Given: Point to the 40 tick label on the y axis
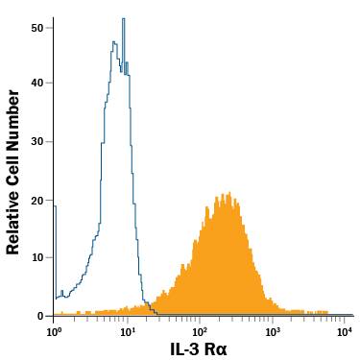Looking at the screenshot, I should (x=37, y=84).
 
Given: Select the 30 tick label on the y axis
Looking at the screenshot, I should (x=37, y=141).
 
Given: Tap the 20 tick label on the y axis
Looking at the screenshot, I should (x=37, y=200).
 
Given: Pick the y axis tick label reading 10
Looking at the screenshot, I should (x=37, y=257).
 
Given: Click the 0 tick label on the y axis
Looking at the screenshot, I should (x=41, y=315).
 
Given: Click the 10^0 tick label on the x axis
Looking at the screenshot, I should (x=54, y=330).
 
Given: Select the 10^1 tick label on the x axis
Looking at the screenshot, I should (x=126, y=330).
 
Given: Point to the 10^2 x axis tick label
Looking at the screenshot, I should (x=200, y=330).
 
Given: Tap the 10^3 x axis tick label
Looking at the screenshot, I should (x=273, y=330).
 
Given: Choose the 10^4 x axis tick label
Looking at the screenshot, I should (x=346, y=330).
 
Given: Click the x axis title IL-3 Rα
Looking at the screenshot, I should (x=199, y=349).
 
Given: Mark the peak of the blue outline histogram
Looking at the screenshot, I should (x=123, y=19).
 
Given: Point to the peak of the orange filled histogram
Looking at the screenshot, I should (x=227, y=194).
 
